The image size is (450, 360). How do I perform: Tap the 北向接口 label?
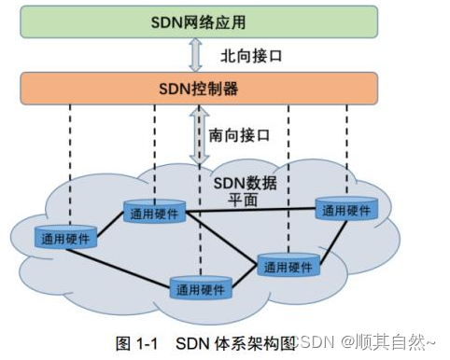pos(251,56)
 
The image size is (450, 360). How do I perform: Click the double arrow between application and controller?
pos(194,55)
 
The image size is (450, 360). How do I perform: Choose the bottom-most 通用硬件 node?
pos(201,288)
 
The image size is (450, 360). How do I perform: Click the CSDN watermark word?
pos(312,343)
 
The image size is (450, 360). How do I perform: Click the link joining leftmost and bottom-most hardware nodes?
pos(131,265)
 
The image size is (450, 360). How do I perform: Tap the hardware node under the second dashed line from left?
pos(153,213)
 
